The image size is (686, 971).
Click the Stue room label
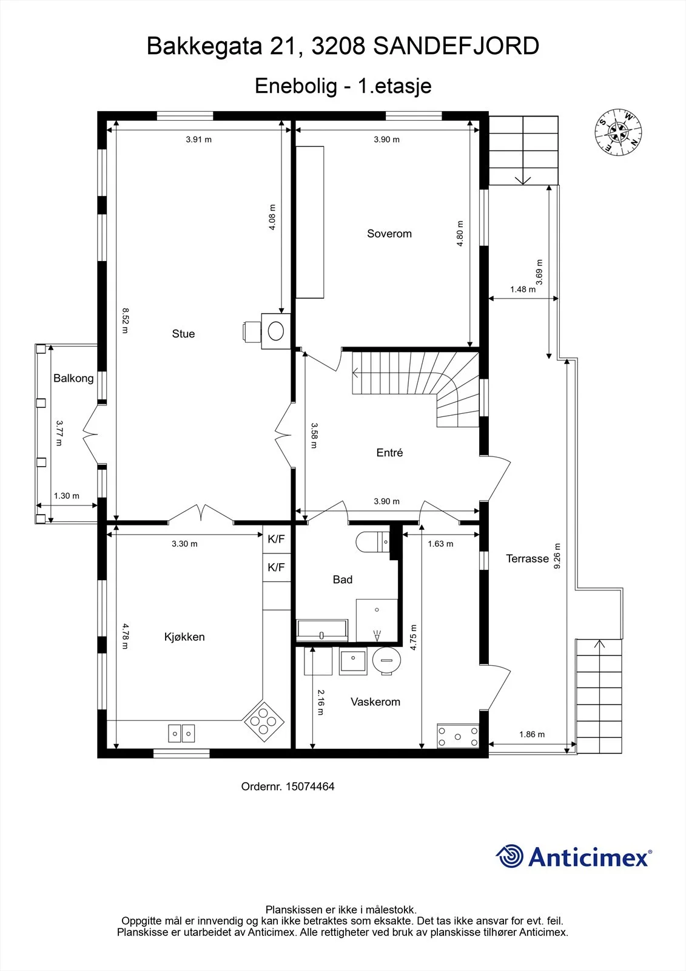[x=183, y=334]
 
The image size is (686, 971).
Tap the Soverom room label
[x=389, y=234]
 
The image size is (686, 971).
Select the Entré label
[x=389, y=453]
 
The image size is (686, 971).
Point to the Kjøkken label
[x=184, y=637]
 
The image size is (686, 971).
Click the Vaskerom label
[x=375, y=702]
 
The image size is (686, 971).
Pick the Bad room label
[x=342, y=580]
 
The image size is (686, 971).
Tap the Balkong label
[x=73, y=379]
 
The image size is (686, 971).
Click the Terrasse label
[x=528, y=559]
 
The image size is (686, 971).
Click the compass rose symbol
[x=618, y=132]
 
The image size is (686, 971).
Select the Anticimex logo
[x=574, y=856]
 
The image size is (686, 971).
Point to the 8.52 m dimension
[x=125, y=320]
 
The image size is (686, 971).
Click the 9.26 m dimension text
[x=557, y=556]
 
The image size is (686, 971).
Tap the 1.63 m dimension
[x=440, y=544]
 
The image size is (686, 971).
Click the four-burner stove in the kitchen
[x=264, y=722]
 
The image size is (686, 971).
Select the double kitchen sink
[x=181, y=734]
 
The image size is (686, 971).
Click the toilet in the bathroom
[x=372, y=543]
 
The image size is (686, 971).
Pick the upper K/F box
[x=276, y=540]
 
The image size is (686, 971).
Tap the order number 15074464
[x=288, y=787]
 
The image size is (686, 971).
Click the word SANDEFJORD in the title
[x=456, y=46]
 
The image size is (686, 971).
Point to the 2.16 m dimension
[x=321, y=702]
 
